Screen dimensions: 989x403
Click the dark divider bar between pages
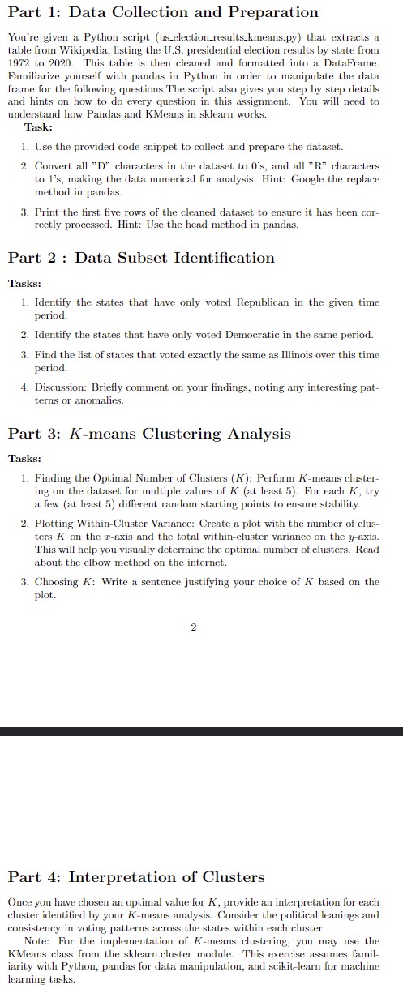click(201, 732)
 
